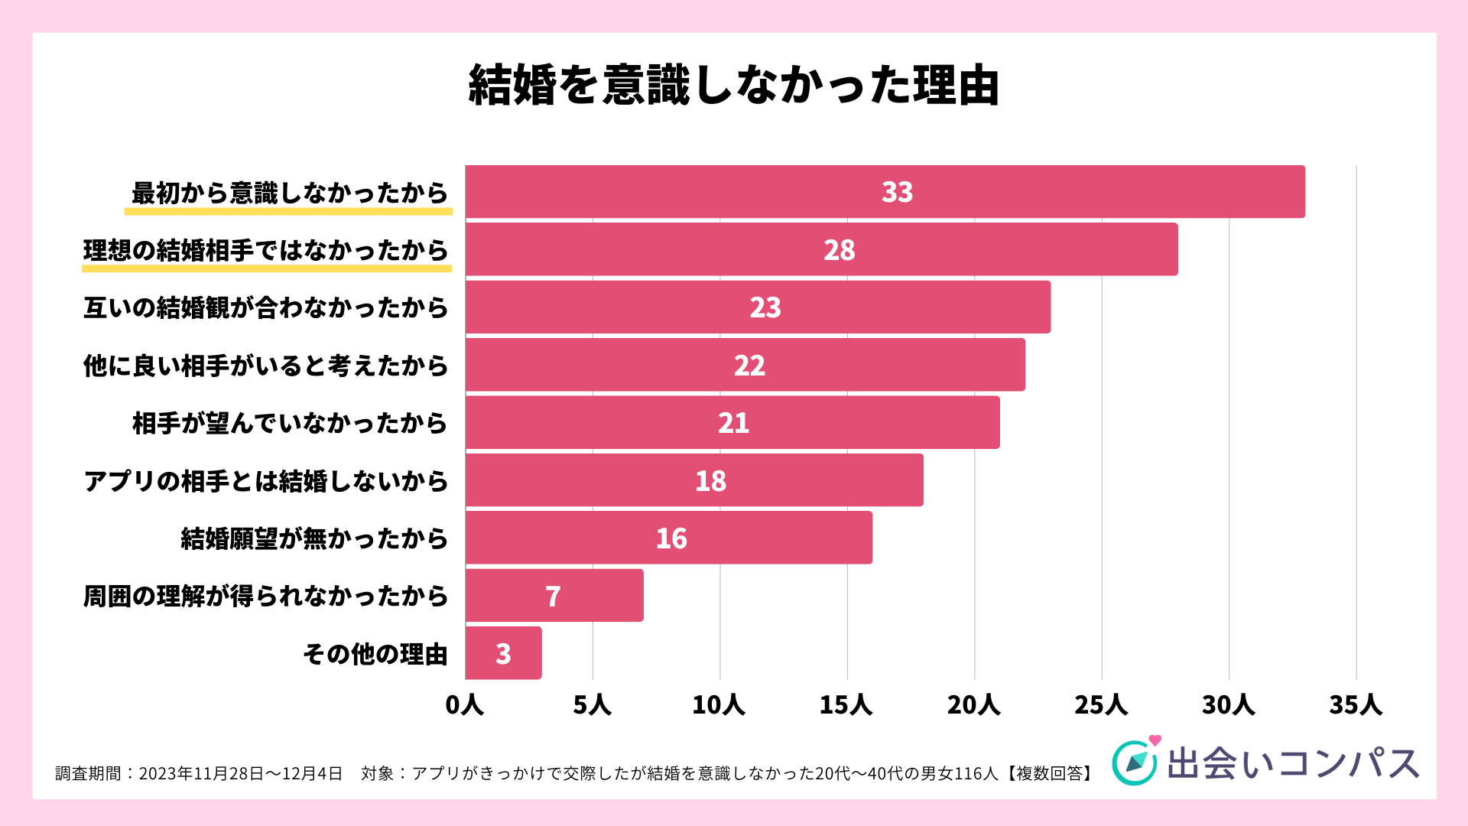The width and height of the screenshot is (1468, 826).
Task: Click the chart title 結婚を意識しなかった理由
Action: pos(734,85)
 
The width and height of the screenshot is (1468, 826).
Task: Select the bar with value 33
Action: pos(885,192)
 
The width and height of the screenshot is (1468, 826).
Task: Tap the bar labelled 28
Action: pos(821,250)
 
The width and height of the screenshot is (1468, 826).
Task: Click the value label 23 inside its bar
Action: pos(765,307)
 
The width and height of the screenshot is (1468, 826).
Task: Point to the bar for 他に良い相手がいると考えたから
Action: pos(745,365)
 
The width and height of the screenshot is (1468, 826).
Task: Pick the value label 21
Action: pos(733,423)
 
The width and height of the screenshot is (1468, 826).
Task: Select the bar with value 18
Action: pos(694,480)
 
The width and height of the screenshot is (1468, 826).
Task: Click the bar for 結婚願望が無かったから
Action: pos(668,538)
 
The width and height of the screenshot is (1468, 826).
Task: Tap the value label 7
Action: pos(553,597)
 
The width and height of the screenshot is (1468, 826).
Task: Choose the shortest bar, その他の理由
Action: pos(503,654)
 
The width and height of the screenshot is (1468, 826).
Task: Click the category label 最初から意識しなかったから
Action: pos(290,193)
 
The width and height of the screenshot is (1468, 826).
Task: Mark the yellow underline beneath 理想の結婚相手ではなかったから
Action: pos(267,268)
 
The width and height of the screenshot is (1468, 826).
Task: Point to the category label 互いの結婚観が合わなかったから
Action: pos(266,308)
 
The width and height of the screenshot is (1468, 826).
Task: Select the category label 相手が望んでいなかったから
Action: pos(290,423)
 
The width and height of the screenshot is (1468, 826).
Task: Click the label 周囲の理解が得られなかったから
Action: pos(266,597)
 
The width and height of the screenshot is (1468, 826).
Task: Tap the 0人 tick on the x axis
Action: pos(464,705)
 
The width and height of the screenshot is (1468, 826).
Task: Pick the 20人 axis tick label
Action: pos(973,705)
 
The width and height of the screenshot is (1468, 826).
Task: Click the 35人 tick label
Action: pos(1356,705)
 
